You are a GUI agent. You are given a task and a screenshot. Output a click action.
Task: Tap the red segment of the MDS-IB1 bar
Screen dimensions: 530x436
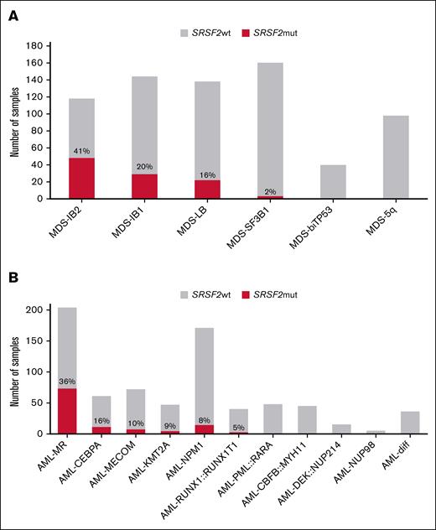click(x=145, y=186)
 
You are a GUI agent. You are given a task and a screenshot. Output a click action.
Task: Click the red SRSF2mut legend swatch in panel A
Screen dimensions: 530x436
click(x=246, y=34)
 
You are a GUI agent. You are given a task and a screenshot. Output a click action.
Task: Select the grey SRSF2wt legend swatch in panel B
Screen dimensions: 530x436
click(x=187, y=294)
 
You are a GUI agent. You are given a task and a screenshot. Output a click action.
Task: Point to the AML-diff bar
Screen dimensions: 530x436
click(x=410, y=423)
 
